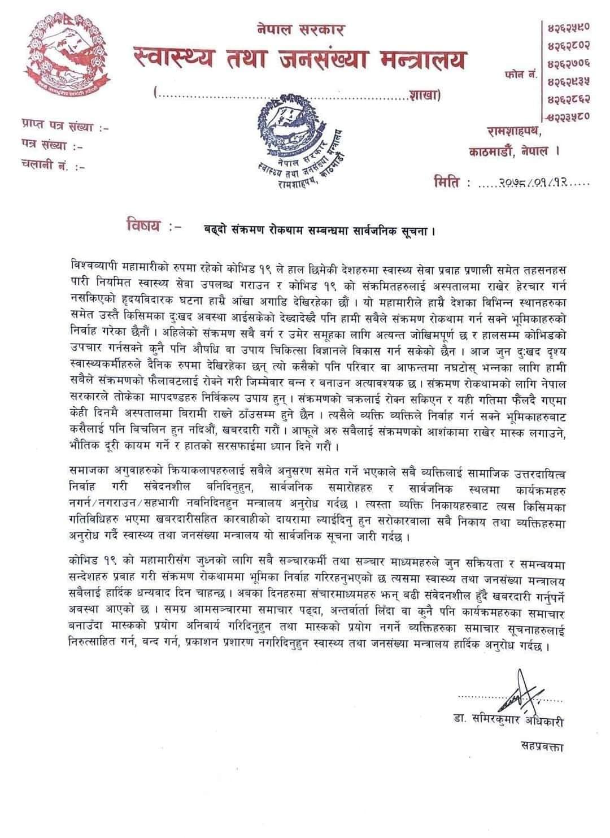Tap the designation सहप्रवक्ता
[x=542, y=746]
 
